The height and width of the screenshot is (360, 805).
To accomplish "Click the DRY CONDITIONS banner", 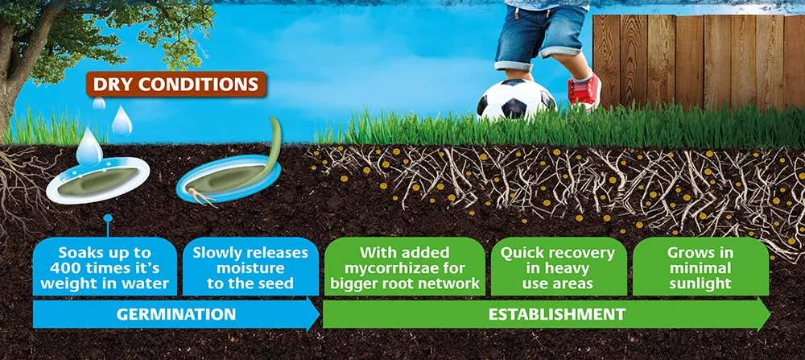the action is (175, 85).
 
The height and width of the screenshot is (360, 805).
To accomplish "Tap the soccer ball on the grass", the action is (515, 100).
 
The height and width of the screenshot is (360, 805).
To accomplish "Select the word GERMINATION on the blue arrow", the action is (176, 314).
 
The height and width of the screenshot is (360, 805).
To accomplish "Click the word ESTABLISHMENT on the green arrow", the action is (556, 314).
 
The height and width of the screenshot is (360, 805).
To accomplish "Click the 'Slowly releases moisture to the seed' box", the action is (250, 267).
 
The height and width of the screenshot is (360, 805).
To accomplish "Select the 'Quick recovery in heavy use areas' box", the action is (558, 267).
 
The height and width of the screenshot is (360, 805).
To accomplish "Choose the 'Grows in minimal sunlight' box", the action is (700, 267).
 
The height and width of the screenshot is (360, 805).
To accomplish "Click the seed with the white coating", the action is (97, 180).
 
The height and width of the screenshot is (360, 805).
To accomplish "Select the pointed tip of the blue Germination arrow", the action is (320, 314).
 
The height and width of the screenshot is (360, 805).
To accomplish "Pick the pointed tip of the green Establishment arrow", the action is (770, 314).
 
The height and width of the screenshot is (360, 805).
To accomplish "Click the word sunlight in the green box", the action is (700, 283).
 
